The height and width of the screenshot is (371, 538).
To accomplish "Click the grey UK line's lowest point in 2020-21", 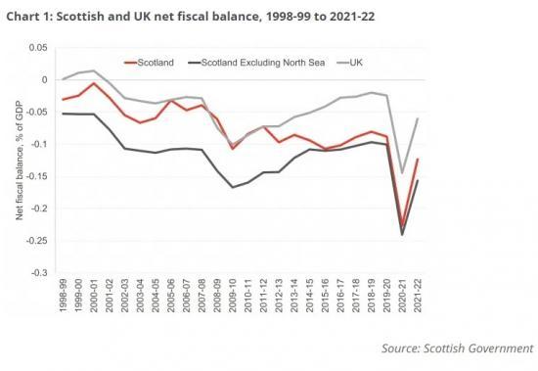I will [x=402, y=173].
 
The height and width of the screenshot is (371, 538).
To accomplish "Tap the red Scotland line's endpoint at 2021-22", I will [x=417, y=159].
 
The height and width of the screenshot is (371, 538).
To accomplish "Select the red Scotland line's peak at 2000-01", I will [x=94, y=83].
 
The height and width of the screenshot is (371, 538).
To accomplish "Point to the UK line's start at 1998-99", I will [x=64, y=79].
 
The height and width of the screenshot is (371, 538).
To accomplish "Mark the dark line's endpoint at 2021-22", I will [x=417, y=180].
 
